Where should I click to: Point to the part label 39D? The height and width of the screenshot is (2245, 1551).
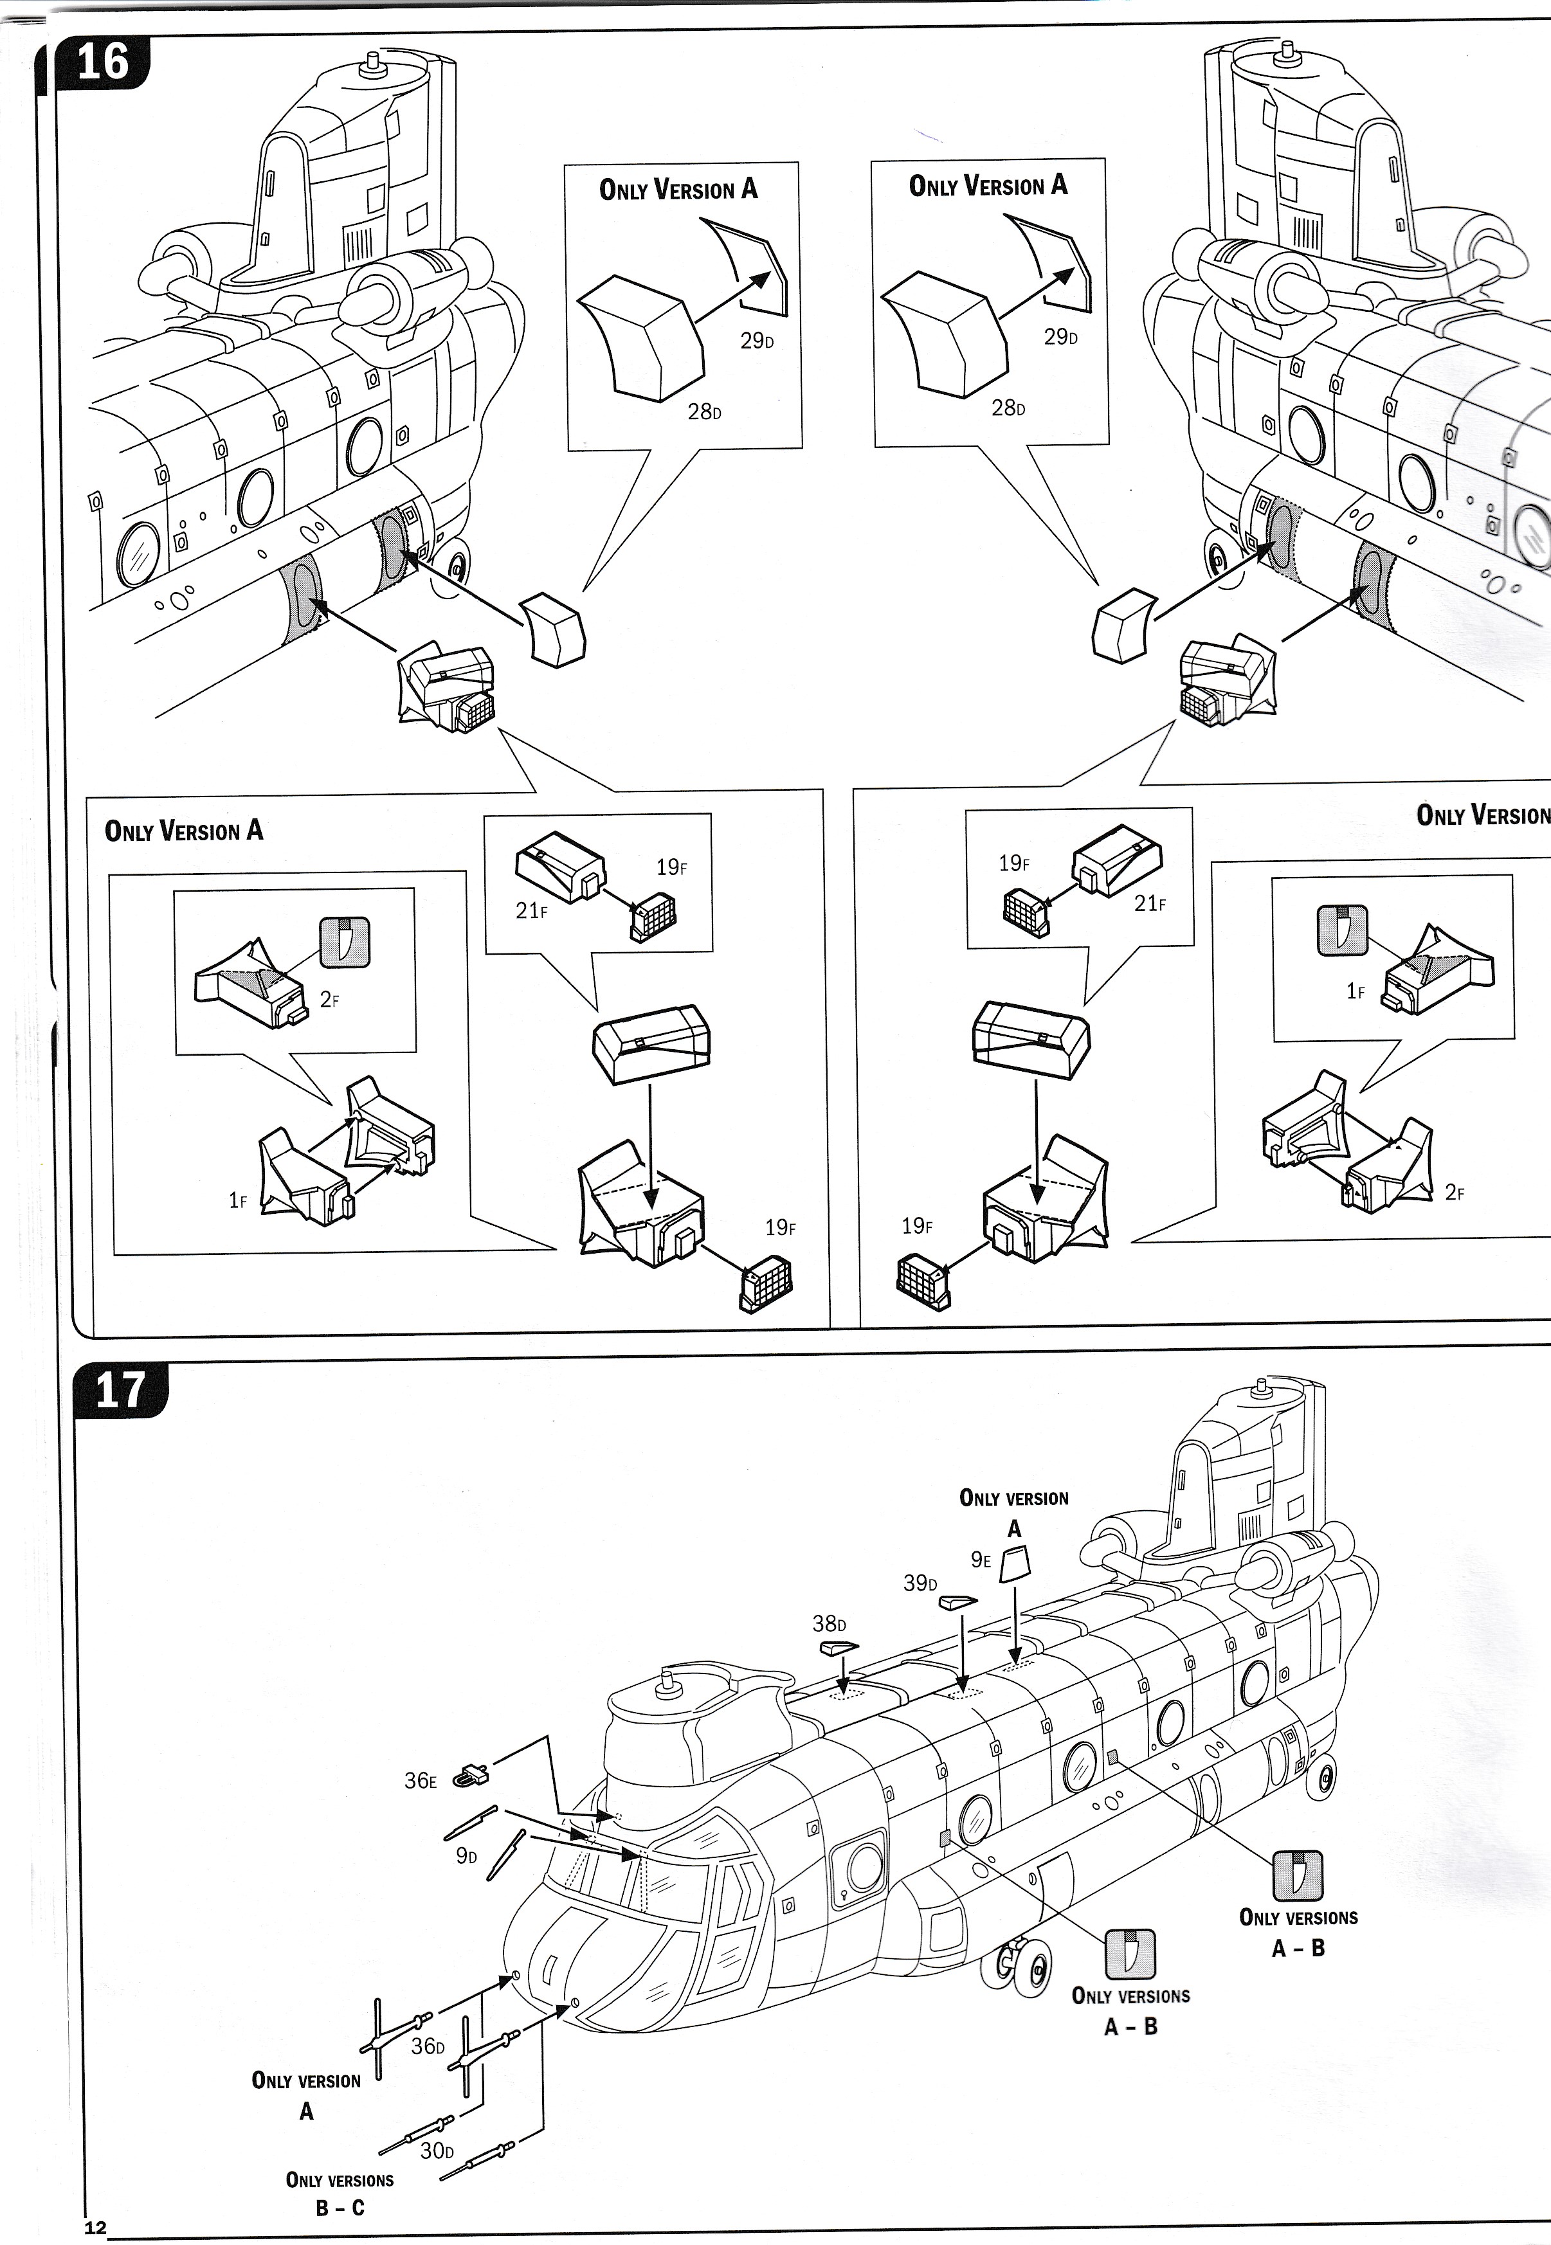pyautogui.click(x=920, y=1583)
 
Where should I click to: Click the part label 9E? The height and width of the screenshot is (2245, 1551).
pyautogui.click(x=981, y=1559)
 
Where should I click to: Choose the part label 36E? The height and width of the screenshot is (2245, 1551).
pyautogui.click(x=420, y=1781)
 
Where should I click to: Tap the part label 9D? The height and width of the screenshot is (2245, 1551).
pyautogui.click(x=466, y=1857)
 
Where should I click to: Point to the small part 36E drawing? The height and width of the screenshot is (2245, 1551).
pyautogui.click(x=472, y=1774)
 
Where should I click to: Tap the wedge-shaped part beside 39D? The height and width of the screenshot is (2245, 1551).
pyautogui.click(x=957, y=1602)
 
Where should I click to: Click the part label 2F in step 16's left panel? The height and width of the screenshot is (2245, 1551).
pyautogui.click(x=329, y=1000)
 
